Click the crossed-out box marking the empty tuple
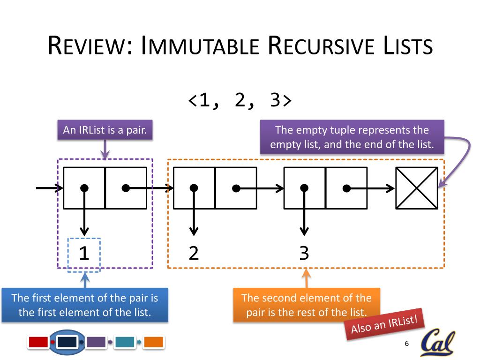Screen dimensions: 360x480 [417, 188]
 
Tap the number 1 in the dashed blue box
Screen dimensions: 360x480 [84, 254]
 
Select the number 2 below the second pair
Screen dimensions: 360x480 [194, 253]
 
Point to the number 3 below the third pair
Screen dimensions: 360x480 [304, 253]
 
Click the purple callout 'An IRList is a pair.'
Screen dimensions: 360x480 [105, 130]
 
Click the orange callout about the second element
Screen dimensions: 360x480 [306, 305]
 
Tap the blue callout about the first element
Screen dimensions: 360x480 [85, 305]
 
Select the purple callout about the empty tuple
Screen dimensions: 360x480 [352, 137]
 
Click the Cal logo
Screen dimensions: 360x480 [437, 344]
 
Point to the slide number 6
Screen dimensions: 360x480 [406, 344]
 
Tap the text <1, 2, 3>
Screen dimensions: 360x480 [240, 100]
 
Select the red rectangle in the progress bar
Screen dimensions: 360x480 [38, 342]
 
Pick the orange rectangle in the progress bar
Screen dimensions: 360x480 [153, 342]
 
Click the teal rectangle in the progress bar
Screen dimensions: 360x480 [124, 342]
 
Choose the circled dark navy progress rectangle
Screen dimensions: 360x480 [67, 342]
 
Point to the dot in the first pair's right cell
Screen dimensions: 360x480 [125, 188]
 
